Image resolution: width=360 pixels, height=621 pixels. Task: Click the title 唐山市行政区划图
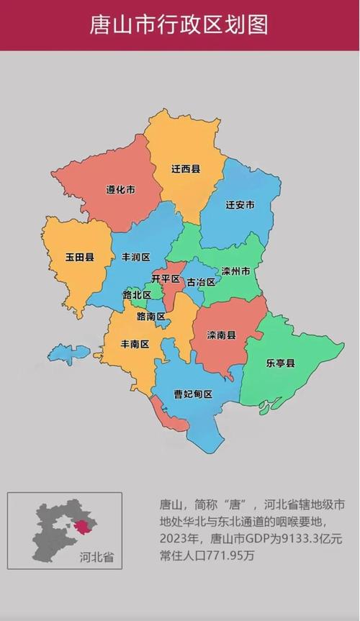[179, 25]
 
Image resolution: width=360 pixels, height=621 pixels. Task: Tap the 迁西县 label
[186, 169]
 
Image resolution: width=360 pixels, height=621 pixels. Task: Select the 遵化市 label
[121, 190]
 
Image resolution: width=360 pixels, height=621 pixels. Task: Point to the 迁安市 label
[240, 205]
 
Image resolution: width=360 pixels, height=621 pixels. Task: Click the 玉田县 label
[79, 257]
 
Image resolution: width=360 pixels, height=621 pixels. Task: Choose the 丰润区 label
[135, 257]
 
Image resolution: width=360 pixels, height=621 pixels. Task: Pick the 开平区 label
[165, 278]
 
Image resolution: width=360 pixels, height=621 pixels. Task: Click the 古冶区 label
[201, 282]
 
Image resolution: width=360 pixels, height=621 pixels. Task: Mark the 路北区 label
[136, 295]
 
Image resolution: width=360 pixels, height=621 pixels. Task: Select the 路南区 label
[151, 317]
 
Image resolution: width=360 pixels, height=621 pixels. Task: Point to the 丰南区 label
[135, 344]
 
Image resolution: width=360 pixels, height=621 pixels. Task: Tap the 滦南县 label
[221, 335]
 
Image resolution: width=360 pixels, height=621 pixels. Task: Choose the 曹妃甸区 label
[193, 394]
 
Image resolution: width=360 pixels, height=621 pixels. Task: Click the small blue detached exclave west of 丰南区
[71, 353]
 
